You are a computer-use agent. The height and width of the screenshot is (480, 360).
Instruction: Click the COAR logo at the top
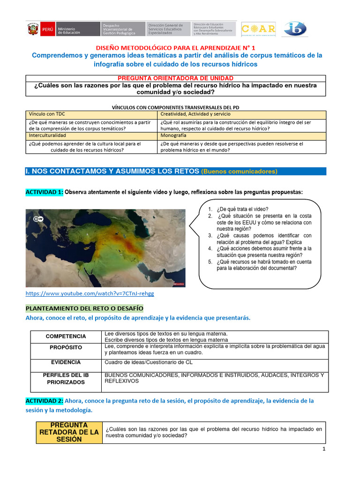[258, 29]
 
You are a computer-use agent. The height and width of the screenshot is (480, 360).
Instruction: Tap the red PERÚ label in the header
[47, 29]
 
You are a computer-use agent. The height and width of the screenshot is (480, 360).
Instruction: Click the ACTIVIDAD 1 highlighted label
[44, 192]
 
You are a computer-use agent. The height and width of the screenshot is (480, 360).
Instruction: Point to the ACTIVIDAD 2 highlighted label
[44, 401]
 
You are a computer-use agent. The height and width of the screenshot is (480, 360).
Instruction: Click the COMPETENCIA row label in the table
[66, 336]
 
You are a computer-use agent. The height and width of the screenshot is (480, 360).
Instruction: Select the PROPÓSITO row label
[66, 348]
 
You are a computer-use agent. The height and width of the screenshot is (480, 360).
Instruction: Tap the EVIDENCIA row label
[66, 362]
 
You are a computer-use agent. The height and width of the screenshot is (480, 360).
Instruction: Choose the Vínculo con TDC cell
[47, 114]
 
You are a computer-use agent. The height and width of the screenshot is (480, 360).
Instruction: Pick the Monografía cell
[175, 135]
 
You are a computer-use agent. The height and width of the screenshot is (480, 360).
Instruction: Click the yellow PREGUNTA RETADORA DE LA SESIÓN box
[69, 432]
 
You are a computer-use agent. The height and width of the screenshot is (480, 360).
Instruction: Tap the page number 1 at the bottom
[323, 449]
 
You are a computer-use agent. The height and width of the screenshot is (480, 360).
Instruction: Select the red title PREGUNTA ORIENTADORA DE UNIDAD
[175, 78]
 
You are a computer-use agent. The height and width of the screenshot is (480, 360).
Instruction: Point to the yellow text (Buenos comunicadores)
[239, 172]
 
